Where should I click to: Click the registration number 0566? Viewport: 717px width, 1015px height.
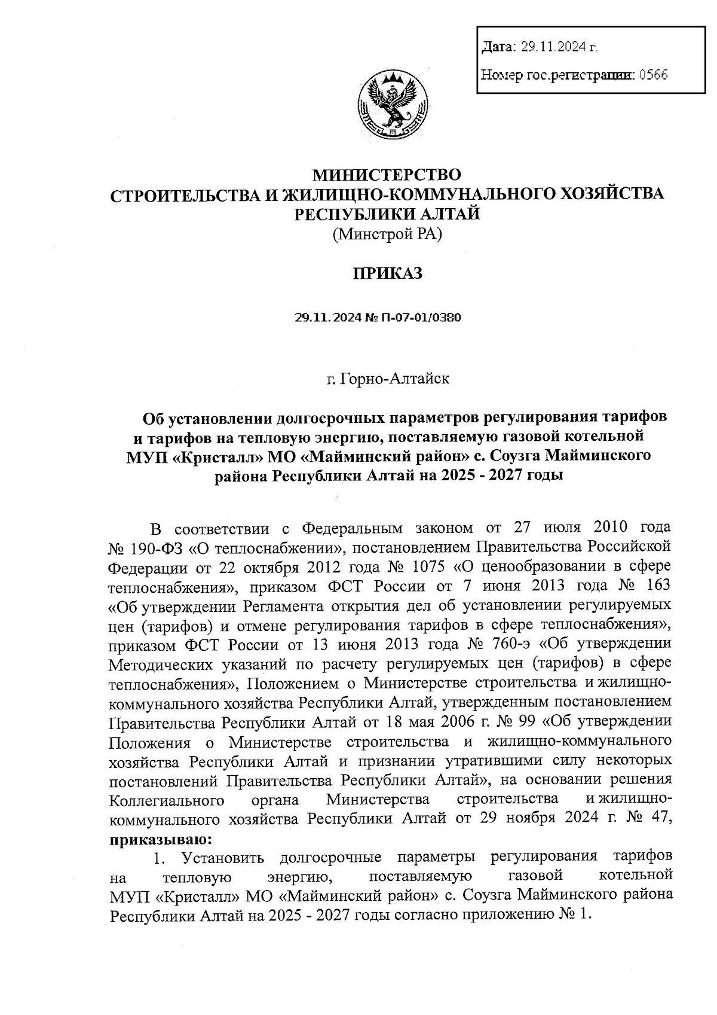click(x=653, y=75)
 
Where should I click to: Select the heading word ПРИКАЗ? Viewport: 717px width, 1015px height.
click(x=387, y=273)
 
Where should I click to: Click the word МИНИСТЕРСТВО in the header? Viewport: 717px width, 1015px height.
click(x=388, y=175)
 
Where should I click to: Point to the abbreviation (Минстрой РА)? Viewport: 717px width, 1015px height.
click(x=387, y=234)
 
